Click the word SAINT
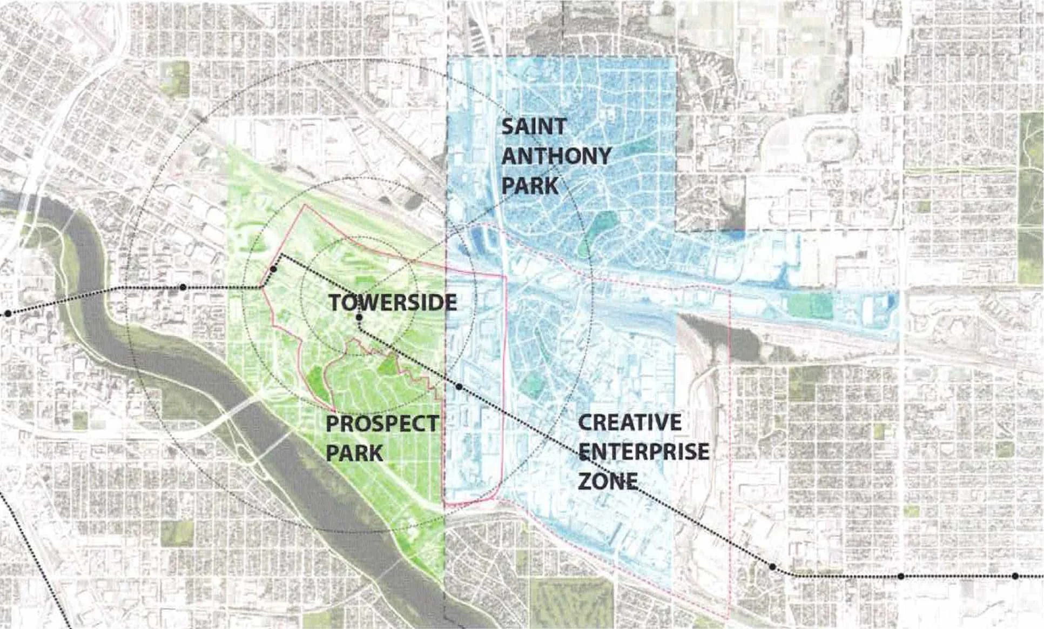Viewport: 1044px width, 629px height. (526, 127)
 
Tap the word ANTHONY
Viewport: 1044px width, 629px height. (556, 157)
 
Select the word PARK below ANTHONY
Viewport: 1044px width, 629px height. (529, 185)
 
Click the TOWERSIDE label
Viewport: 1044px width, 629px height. (393, 303)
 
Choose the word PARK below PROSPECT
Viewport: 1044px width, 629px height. (354, 453)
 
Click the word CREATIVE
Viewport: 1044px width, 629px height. (630, 423)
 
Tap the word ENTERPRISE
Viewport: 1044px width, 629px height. (644, 452)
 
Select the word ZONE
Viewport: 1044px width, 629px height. (608, 480)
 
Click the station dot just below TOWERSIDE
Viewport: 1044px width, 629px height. (359, 317)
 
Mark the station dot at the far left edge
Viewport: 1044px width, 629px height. (8, 313)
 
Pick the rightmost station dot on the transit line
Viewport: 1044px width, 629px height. (1015, 576)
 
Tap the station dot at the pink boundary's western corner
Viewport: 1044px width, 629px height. (274, 269)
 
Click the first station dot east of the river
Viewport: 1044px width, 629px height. (183, 287)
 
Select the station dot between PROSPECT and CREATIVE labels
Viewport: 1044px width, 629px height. (459, 387)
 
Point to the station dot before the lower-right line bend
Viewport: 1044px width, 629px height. (772, 567)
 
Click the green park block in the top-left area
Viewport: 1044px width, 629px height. (177, 78)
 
